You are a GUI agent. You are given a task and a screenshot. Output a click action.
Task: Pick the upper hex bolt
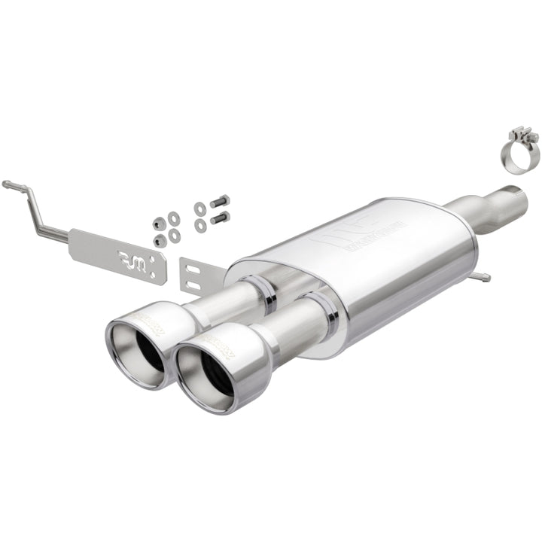click(219, 202)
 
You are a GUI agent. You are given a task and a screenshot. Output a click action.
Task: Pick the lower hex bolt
click(219, 218)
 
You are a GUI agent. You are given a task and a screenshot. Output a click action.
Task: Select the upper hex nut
click(160, 224)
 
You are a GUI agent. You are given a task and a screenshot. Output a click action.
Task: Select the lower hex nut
click(160, 240)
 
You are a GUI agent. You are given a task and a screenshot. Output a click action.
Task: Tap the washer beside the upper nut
click(175, 218)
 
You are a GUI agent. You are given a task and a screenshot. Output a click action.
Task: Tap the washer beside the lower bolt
click(200, 225)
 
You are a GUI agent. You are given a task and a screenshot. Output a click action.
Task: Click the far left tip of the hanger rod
click(5, 183)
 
